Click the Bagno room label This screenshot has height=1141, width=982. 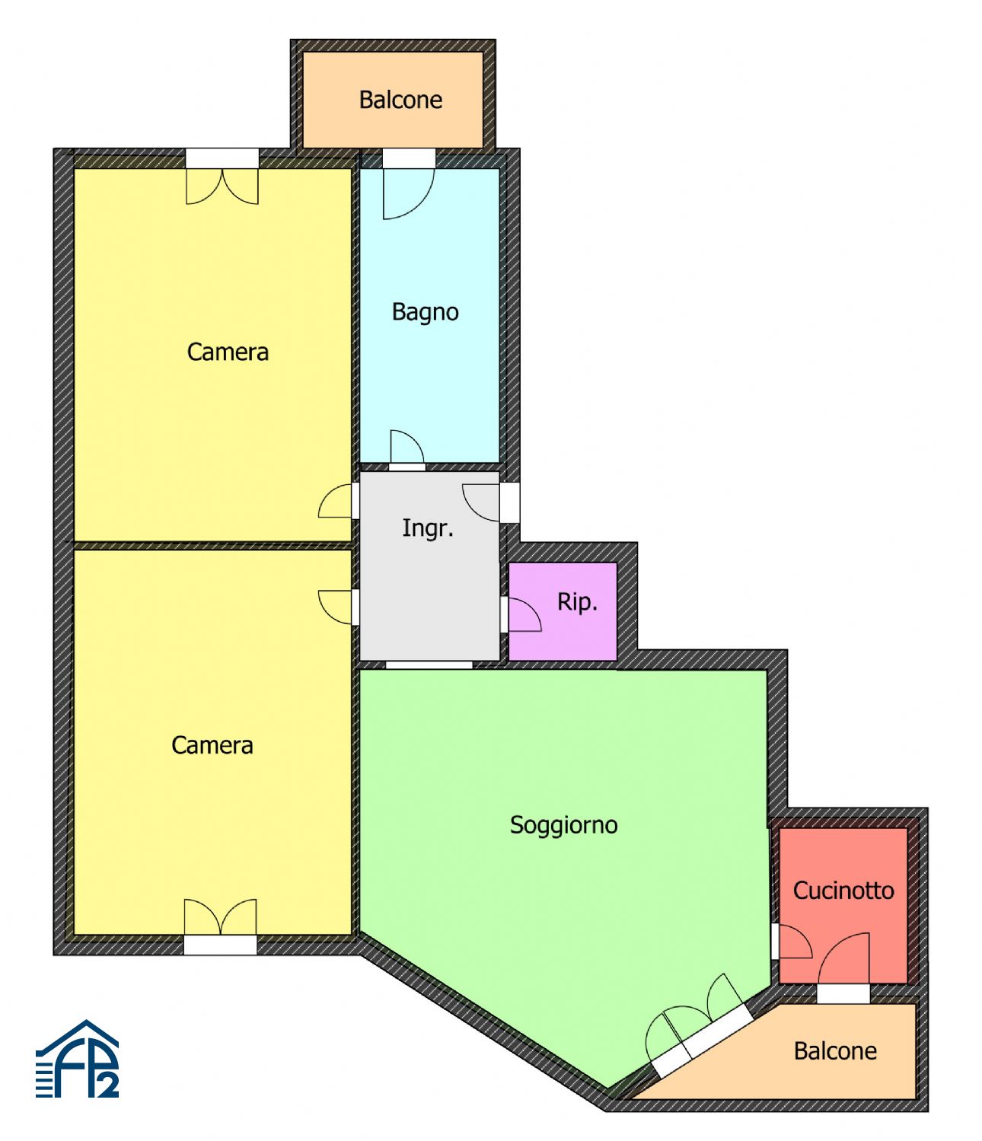(x=425, y=312)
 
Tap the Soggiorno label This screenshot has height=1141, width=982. (x=563, y=825)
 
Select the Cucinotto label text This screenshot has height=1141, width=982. (x=843, y=891)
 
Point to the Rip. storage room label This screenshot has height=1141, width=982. (x=577, y=601)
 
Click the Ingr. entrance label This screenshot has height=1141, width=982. (x=428, y=527)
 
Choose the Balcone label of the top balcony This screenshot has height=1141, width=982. (x=400, y=100)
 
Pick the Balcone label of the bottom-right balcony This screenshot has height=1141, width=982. (x=835, y=1051)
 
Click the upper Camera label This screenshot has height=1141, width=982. (x=228, y=352)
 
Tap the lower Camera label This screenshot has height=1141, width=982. (x=212, y=746)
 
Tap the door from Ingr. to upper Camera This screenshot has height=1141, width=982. (x=335, y=501)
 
